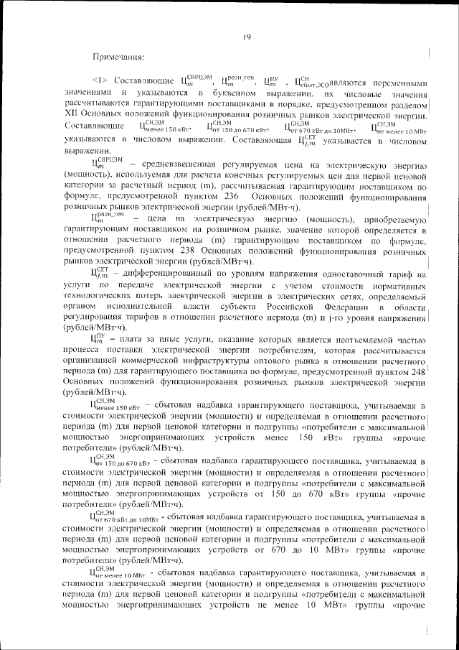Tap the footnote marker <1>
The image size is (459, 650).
pos(98,82)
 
